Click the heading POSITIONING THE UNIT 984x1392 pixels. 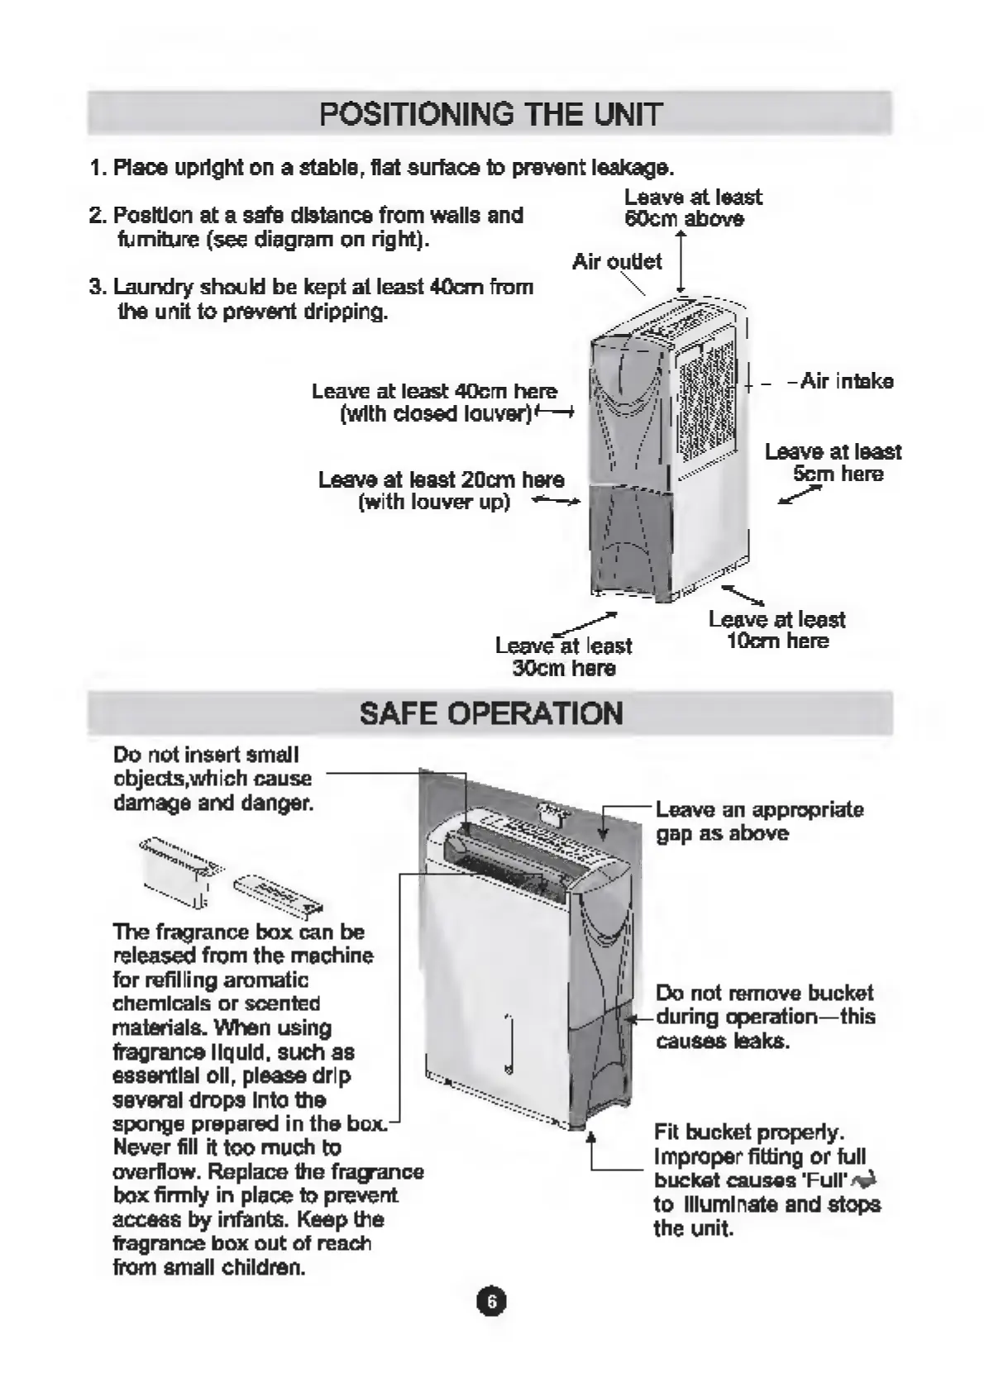490,113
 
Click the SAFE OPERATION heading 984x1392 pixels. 490,713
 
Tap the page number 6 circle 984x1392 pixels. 491,1302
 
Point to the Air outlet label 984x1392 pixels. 617,262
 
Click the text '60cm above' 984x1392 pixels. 684,219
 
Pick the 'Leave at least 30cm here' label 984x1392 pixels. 563,657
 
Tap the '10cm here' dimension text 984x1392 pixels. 777,641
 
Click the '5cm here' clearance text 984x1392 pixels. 838,474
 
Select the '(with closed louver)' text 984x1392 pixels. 436,413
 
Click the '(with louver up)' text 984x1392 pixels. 434,502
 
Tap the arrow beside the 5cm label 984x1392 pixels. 800,494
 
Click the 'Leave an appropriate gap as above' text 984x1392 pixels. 759,821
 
